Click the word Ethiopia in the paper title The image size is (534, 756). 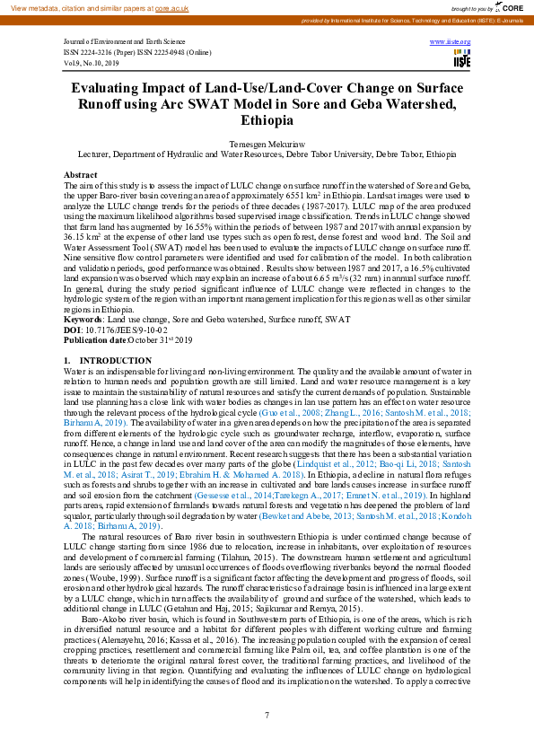(x=267, y=120)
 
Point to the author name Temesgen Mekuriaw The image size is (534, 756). (x=267, y=144)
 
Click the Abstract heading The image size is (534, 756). (x=81, y=175)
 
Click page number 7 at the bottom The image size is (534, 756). (x=267, y=715)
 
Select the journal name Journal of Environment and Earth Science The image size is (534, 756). (x=125, y=42)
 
